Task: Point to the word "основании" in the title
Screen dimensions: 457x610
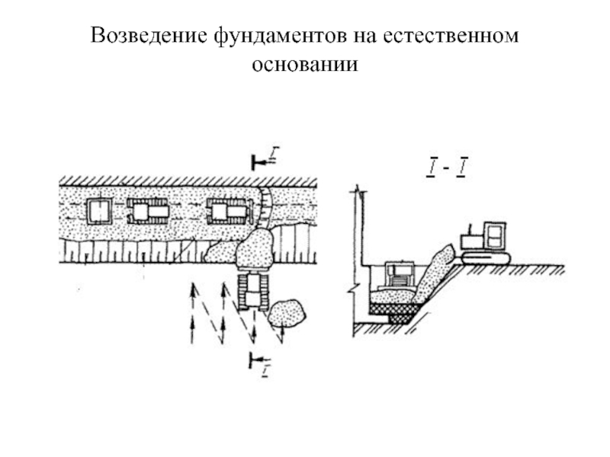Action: pyautogui.click(x=304, y=65)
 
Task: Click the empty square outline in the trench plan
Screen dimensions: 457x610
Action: pyautogui.click(x=99, y=210)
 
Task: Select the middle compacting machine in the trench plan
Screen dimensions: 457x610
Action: pyautogui.click(x=149, y=211)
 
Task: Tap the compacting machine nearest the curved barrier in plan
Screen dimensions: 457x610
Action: pyautogui.click(x=228, y=211)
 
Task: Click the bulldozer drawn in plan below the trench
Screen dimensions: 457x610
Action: pyautogui.click(x=252, y=290)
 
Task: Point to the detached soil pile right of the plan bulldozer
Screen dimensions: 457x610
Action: pyautogui.click(x=287, y=312)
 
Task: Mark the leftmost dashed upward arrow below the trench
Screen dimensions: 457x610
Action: pyautogui.click(x=192, y=312)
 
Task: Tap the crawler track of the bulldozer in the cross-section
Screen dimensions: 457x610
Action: pyautogui.click(x=484, y=259)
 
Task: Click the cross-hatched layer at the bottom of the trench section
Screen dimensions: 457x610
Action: pyautogui.click(x=393, y=308)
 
